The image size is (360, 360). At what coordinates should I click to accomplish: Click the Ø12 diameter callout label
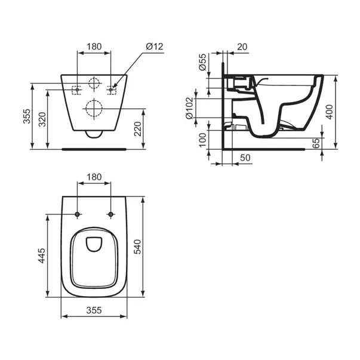tap(154, 47)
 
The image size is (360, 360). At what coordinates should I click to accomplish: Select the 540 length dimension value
tap(137, 247)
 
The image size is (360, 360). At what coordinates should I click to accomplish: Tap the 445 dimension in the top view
tap(42, 256)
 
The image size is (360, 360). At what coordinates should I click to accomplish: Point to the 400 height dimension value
tap(330, 112)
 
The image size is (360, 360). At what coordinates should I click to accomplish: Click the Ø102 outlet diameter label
tap(189, 108)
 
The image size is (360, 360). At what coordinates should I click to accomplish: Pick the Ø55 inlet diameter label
tap(202, 62)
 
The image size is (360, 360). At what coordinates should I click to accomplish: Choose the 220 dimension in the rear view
tap(137, 129)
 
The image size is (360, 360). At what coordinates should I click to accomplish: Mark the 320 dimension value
tap(42, 119)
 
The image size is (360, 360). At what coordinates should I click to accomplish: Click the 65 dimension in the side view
tap(316, 143)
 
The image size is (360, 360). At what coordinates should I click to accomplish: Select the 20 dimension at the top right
tap(242, 47)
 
